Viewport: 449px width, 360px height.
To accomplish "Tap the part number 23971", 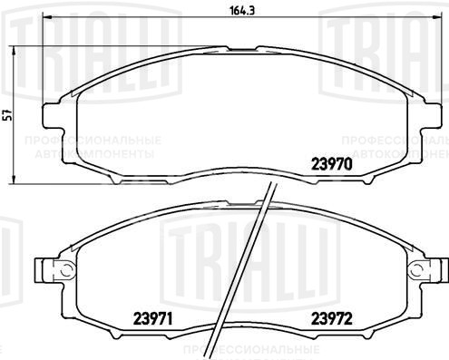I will click(x=155, y=318).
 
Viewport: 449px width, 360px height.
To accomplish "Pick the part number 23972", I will click(x=333, y=318).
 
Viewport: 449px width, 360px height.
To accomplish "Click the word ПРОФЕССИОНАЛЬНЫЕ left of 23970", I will click(x=92, y=142).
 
